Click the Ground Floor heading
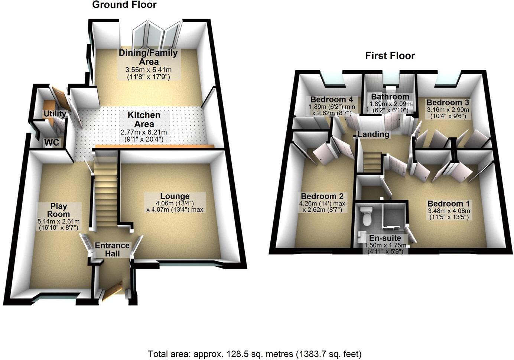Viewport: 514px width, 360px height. (x=124, y=5)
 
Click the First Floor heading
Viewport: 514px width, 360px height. (x=390, y=56)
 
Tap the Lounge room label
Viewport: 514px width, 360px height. (x=175, y=196)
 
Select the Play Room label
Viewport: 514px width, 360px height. (x=59, y=210)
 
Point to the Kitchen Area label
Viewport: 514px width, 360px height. (x=144, y=120)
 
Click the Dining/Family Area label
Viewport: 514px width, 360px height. (x=148, y=57)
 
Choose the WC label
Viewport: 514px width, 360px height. (x=52, y=142)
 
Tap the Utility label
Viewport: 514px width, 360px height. (x=55, y=114)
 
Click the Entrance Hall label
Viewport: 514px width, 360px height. (x=112, y=249)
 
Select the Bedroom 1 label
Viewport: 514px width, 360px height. (x=449, y=204)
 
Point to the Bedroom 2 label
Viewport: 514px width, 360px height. (x=322, y=196)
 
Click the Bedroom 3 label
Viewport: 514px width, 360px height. (x=448, y=103)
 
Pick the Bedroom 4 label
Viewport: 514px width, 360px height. (x=332, y=100)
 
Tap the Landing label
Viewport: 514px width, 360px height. (x=373, y=134)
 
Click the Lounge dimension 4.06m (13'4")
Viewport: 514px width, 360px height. (x=175, y=203)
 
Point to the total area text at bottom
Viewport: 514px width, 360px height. (x=254, y=353)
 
